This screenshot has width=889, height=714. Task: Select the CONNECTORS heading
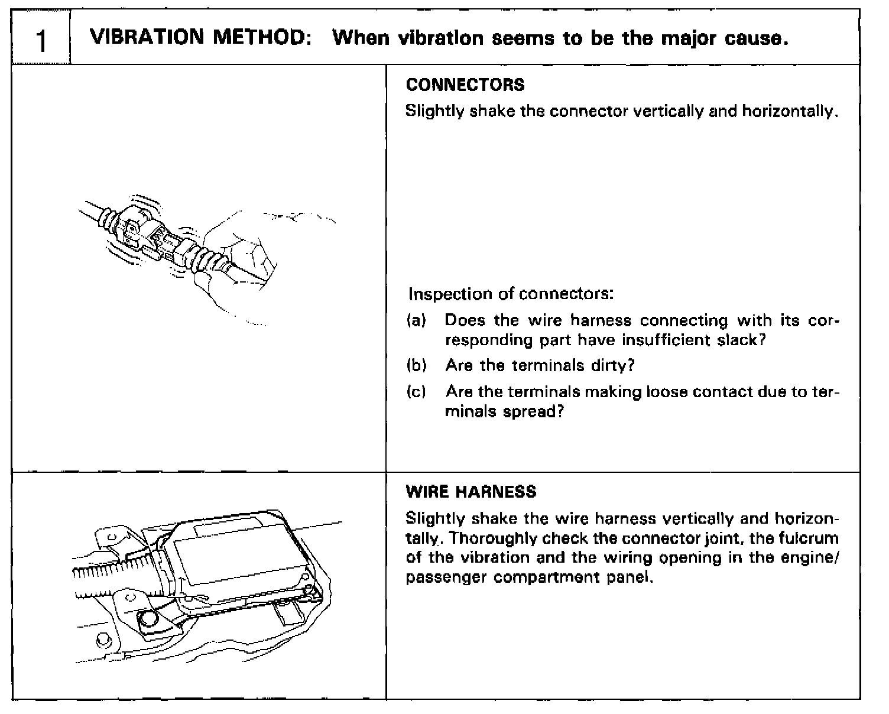tap(465, 85)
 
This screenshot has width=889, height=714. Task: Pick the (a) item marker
tap(416, 320)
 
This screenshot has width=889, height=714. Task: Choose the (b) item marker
tap(416, 365)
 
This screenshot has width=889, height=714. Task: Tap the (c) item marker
tap(416, 391)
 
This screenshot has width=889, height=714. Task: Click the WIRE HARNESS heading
tap(471, 492)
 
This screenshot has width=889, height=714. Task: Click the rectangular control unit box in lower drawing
tap(236, 559)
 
